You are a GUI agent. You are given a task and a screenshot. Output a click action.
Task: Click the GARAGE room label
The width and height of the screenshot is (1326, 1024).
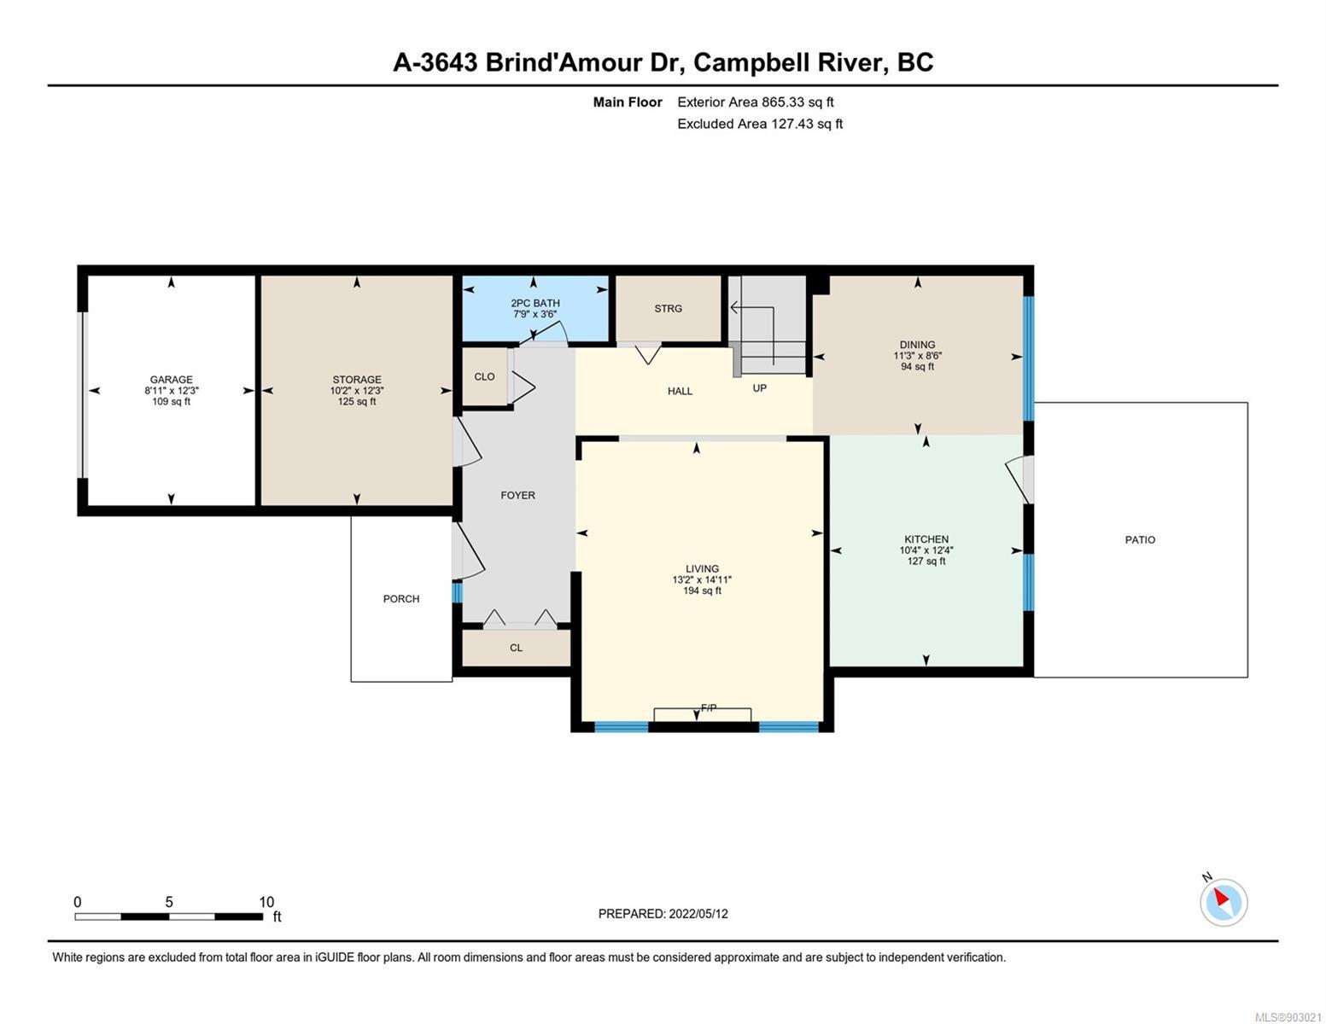tap(171, 380)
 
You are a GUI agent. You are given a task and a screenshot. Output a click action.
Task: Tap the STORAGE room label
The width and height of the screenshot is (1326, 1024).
tap(357, 380)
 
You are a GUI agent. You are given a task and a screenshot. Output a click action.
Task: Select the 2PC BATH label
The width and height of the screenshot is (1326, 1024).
tap(535, 303)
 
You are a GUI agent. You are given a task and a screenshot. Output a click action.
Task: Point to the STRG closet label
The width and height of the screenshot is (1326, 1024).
tap(669, 309)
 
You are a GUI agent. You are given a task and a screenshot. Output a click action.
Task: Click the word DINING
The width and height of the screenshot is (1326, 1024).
tap(917, 345)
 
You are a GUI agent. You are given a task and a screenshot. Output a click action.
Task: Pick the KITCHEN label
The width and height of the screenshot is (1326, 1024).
tap(926, 539)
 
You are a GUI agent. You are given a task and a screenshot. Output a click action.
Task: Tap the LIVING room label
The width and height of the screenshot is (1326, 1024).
tap(703, 568)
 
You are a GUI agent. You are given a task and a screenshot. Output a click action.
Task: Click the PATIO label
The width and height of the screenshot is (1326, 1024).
tap(1140, 540)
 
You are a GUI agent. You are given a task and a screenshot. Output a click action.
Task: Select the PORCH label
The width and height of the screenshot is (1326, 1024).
tap(401, 599)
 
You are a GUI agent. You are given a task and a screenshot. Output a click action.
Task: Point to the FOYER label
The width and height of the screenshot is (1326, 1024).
tap(517, 495)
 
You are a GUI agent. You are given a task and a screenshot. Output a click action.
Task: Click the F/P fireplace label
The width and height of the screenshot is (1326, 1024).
tap(709, 708)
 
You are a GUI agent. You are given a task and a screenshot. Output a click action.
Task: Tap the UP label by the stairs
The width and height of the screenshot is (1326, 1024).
tap(760, 388)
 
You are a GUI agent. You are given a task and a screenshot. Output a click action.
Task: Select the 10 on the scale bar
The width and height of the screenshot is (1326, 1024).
tap(266, 902)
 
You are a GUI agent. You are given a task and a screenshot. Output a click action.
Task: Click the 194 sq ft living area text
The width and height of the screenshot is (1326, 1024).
tap(703, 591)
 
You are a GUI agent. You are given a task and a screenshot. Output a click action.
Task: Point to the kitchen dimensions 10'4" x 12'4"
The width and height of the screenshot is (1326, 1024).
tap(926, 550)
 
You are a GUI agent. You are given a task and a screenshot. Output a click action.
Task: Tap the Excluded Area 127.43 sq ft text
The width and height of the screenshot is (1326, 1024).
tap(760, 124)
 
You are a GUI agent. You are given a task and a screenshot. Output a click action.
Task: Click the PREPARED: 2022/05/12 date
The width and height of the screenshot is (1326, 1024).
tap(663, 914)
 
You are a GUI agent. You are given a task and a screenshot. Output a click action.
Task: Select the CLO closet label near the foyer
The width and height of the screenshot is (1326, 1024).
tap(484, 377)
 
